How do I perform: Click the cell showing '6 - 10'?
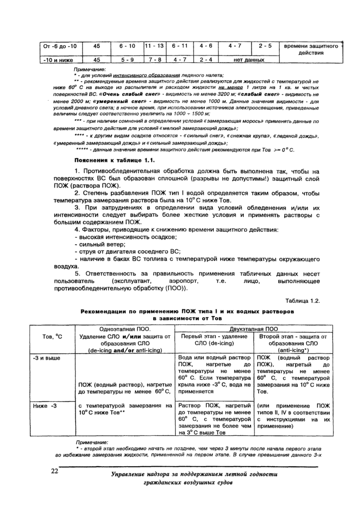(127, 46)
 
